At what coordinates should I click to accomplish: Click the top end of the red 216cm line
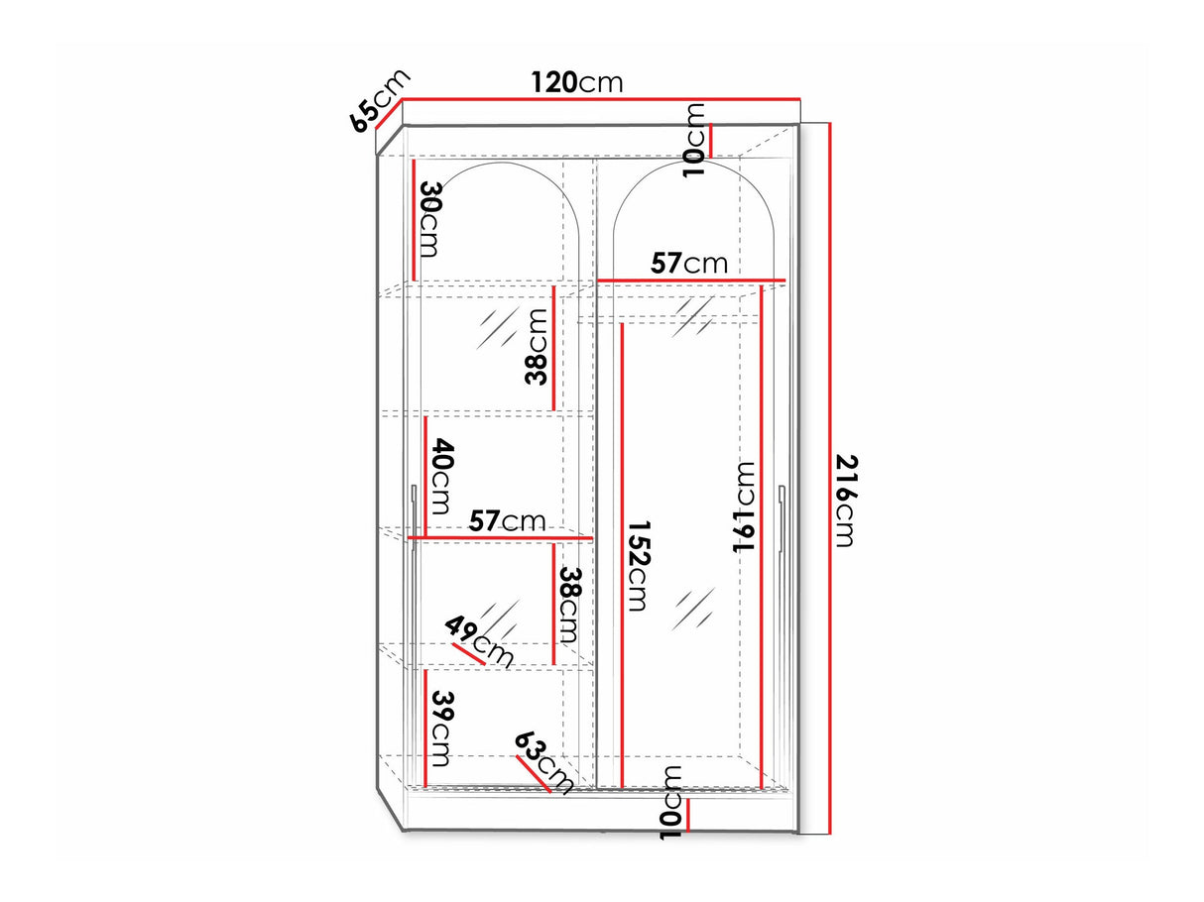[830, 123]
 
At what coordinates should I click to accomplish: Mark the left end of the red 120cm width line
[403, 100]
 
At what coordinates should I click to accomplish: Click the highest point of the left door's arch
[500, 163]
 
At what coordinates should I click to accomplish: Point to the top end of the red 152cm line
[622, 324]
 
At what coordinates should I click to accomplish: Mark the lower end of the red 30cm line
[413, 281]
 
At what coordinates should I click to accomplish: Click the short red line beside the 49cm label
[469, 654]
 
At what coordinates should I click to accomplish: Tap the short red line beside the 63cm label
[534, 774]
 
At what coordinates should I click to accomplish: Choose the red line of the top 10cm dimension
[711, 141]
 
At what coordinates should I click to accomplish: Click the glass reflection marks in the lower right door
[694, 609]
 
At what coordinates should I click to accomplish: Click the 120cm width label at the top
[577, 83]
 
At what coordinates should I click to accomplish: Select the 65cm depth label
[380, 101]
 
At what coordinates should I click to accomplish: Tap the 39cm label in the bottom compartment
[441, 729]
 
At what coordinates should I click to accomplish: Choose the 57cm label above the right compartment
[689, 264]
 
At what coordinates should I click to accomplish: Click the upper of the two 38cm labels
[536, 348]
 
